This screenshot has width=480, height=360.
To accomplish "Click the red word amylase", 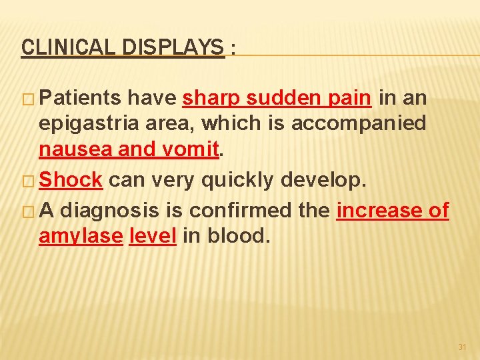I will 81,237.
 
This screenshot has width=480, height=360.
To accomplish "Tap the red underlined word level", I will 153,237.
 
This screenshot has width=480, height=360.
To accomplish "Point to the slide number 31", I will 462,347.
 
